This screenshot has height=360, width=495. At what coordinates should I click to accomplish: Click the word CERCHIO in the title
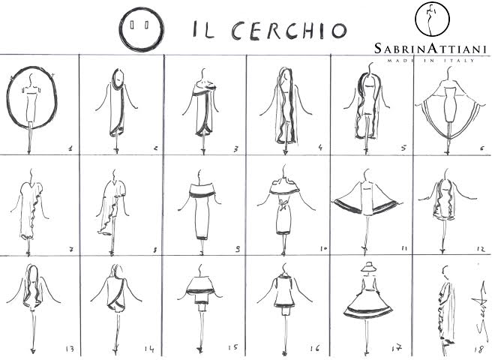coord(289,31)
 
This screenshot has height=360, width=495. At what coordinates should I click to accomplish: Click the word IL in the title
coord(203,30)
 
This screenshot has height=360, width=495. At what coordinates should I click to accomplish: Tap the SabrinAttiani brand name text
coord(430,49)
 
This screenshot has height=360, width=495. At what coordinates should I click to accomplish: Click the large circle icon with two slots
coord(142,29)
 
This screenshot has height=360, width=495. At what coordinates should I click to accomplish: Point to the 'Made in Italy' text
coord(431,60)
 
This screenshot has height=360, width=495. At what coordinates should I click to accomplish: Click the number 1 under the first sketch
coord(70,148)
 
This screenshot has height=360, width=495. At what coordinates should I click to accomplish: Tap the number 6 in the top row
coord(481,148)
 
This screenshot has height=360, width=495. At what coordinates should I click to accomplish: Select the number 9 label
coord(238,249)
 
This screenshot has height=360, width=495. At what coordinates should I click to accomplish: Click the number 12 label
coord(481,249)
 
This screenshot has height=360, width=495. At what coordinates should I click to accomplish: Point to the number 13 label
coord(70,349)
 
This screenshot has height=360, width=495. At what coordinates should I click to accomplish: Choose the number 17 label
coord(397,348)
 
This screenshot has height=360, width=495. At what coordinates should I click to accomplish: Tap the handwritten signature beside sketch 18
coord(481,310)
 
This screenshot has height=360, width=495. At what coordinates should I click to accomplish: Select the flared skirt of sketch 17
coord(367,304)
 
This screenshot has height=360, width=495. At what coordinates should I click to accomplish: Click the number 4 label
coord(320,147)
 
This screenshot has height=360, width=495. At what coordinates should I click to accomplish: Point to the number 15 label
coord(233,347)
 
